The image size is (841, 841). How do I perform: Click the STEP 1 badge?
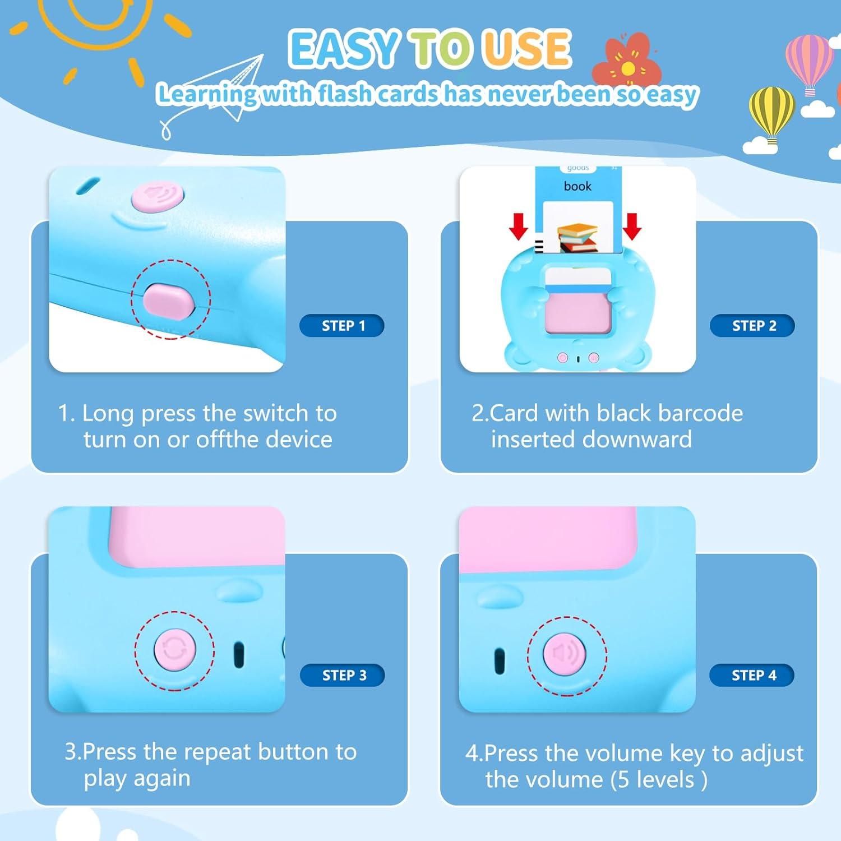(x=342, y=326)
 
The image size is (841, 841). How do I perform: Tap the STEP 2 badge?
(x=752, y=326)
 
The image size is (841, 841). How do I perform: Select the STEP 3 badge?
(x=343, y=675)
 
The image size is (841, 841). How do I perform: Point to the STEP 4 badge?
(x=752, y=675)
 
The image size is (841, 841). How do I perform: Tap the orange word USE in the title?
(x=527, y=49)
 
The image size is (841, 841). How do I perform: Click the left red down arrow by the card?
(x=519, y=225)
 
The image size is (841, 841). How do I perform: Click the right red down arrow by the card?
(x=632, y=225)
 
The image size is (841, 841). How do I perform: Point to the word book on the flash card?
(x=577, y=186)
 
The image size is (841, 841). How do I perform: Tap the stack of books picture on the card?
(x=577, y=237)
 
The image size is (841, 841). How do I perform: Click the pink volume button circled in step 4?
(x=565, y=654)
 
